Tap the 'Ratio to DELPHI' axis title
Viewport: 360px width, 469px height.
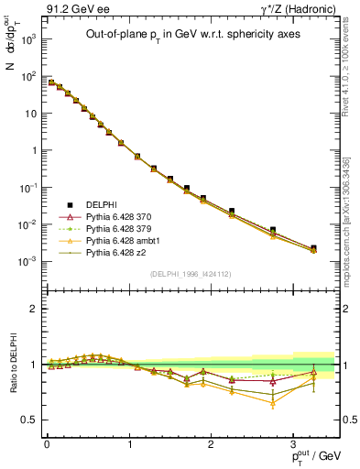pyautogui.click(x=12, y=365)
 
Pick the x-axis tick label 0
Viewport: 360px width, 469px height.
pyautogui.click(x=47, y=442)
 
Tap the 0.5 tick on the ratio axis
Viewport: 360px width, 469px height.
pyautogui.click(x=32, y=420)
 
